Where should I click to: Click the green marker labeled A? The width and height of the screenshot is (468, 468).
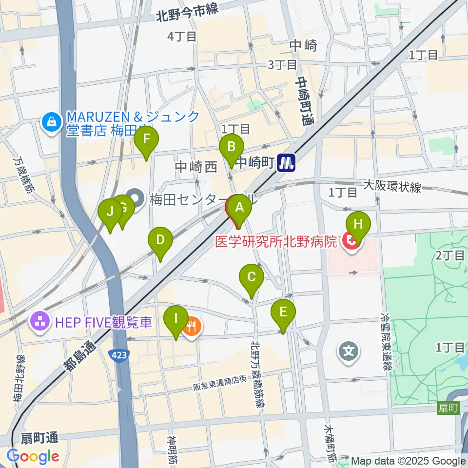click(x=239, y=208)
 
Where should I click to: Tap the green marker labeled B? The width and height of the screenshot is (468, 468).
click(x=232, y=147)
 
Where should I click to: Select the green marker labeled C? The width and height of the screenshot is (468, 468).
click(x=252, y=277)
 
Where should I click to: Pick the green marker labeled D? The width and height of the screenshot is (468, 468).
click(x=160, y=240)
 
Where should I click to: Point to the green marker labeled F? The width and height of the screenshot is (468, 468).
click(x=147, y=138)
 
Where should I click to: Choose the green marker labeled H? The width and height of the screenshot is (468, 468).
click(x=358, y=225)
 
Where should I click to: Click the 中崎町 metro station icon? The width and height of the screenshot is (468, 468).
click(x=286, y=163)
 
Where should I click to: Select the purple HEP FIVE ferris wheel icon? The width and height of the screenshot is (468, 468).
click(x=39, y=321)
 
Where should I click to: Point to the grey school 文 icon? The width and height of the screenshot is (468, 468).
click(x=349, y=350)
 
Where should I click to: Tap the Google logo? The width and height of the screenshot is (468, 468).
click(x=33, y=456)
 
